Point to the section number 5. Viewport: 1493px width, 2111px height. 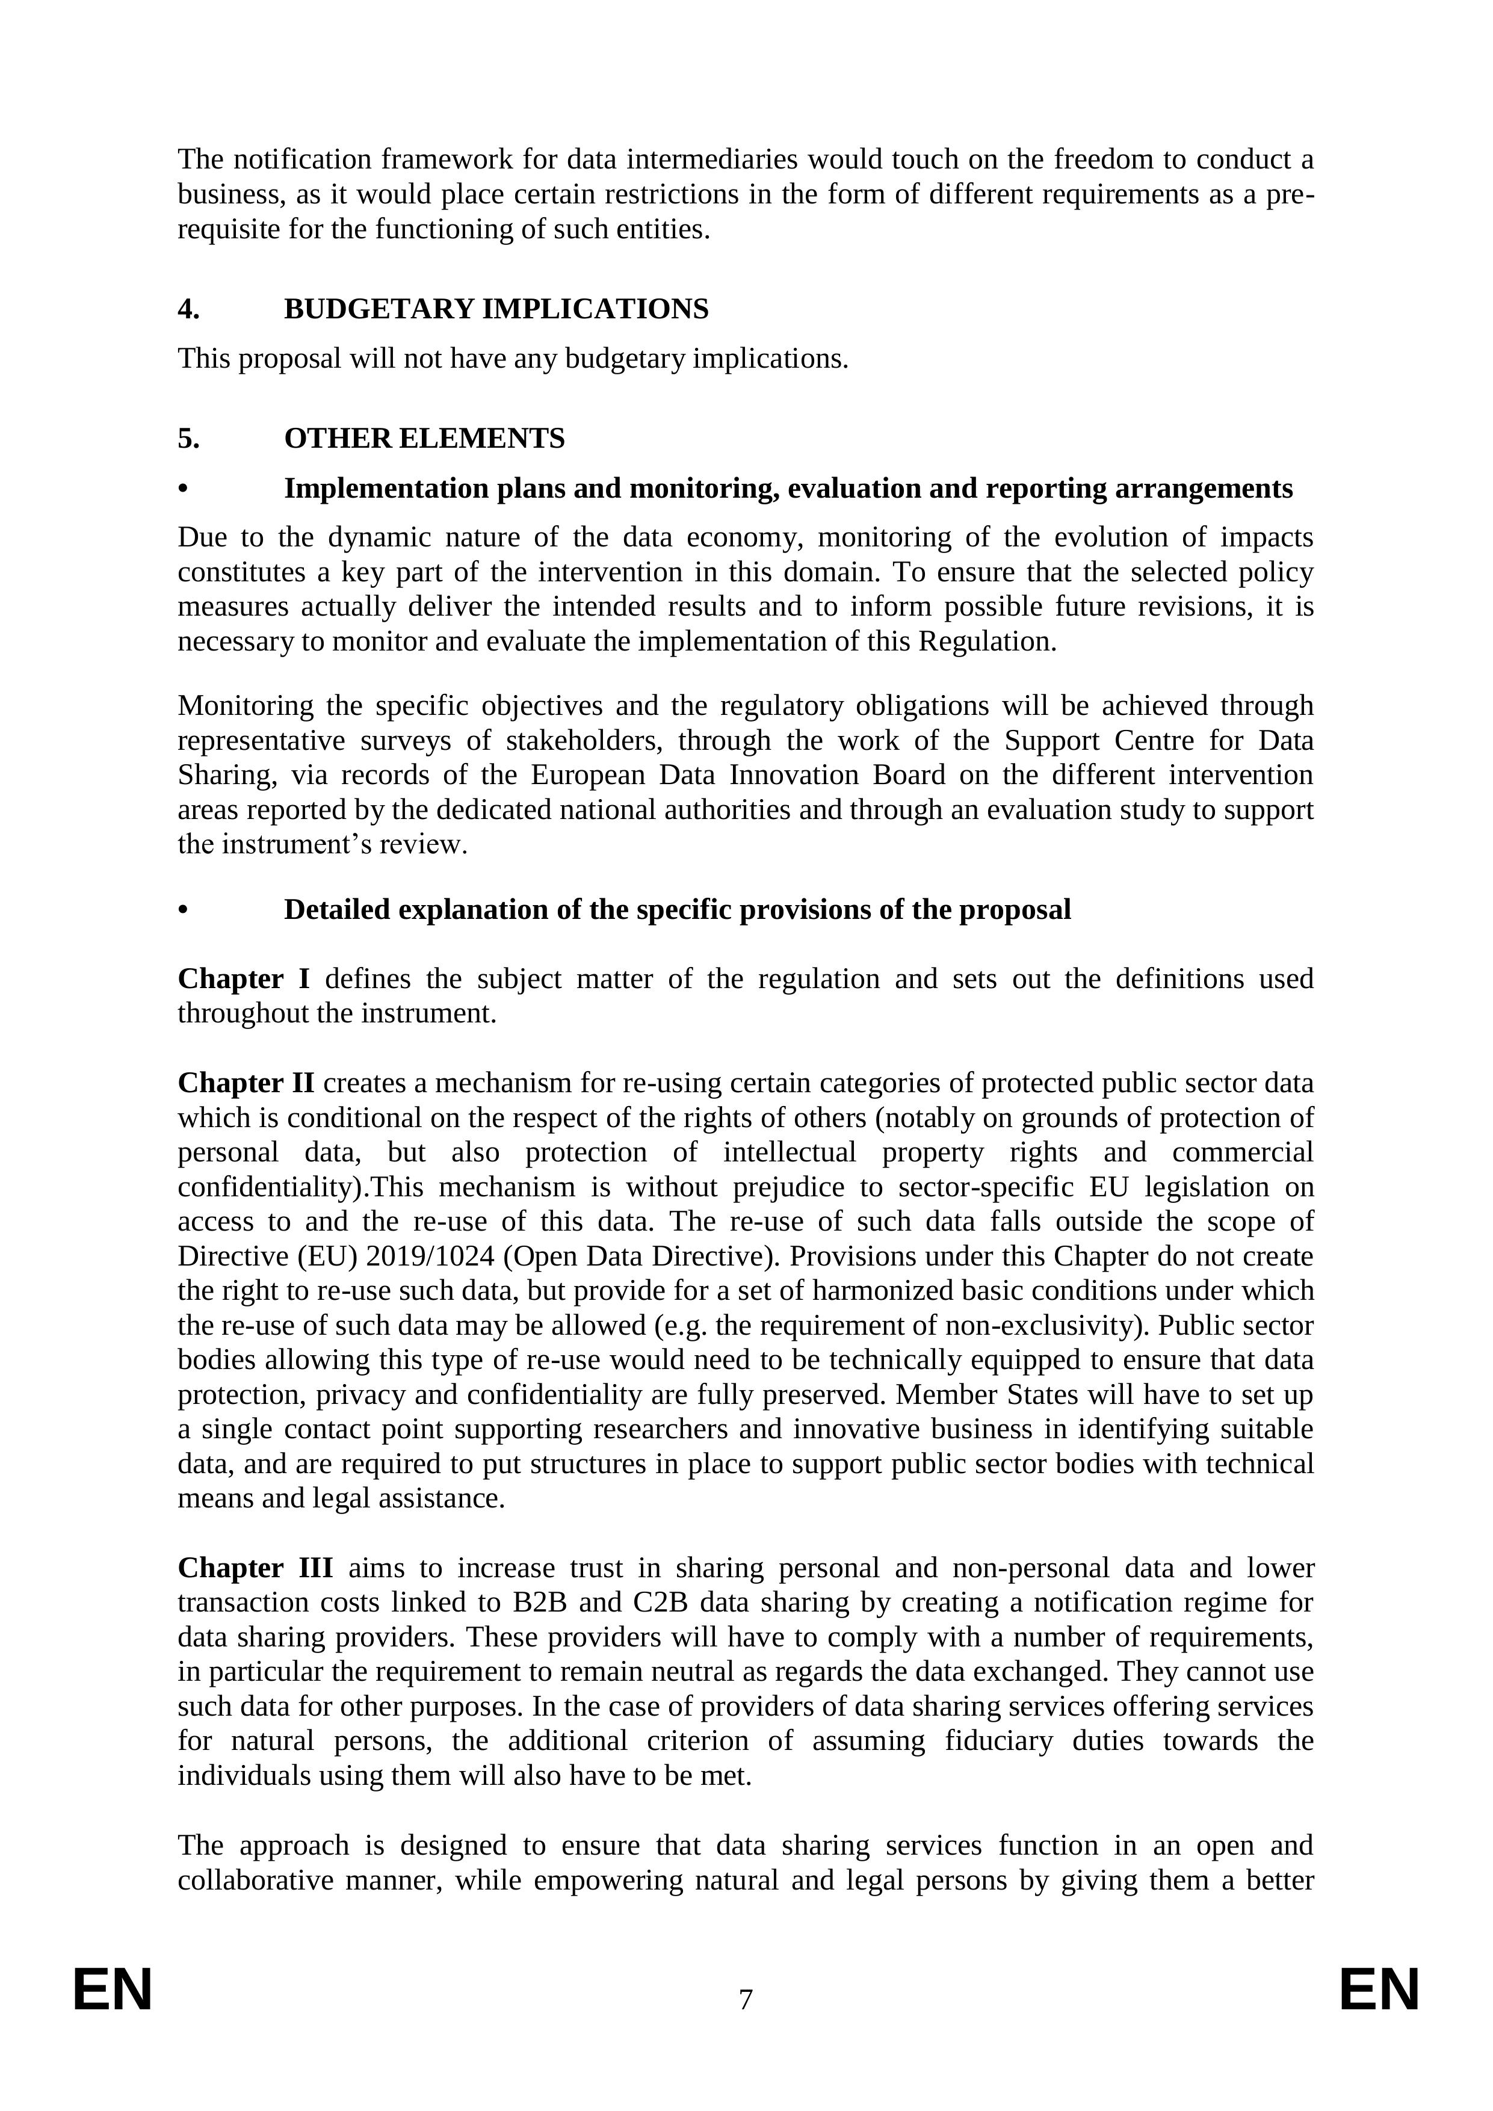click(188, 439)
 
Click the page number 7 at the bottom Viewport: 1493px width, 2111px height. click(746, 1999)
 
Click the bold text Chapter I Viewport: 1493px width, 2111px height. click(244, 978)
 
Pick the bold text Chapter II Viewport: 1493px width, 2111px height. click(246, 1083)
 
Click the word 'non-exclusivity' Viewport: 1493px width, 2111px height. click(1060, 1325)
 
